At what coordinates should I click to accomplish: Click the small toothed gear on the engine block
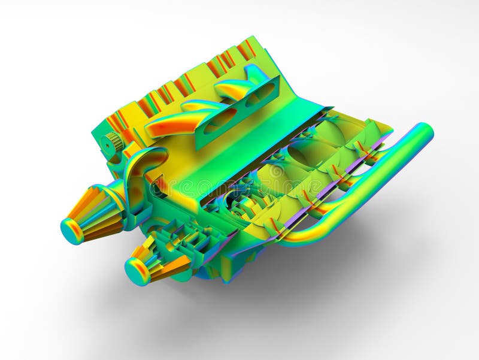click(x=112, y=143)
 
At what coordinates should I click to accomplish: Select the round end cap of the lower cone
click(x=137, y=271)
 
